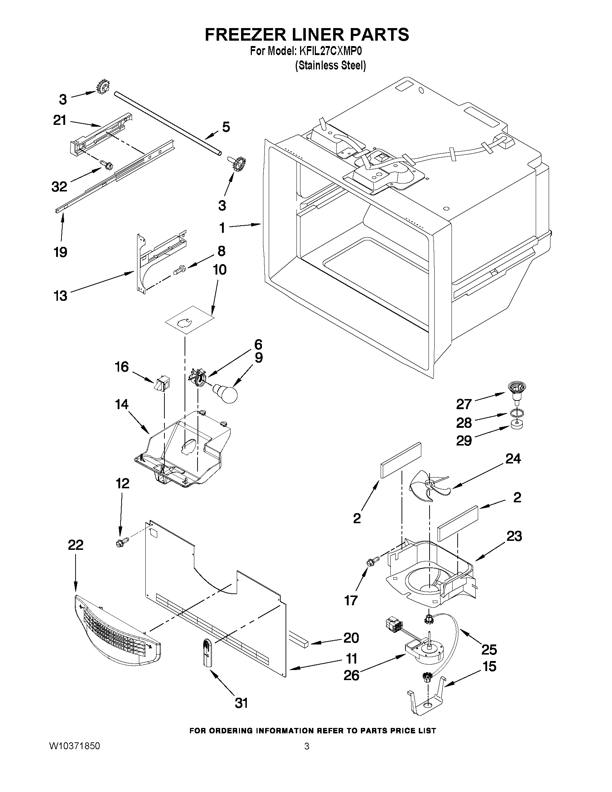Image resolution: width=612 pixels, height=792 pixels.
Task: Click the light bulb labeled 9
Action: coord(226,393)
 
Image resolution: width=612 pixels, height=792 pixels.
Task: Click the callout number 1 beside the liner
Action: coord(222,228)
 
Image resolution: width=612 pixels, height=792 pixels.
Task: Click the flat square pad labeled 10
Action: coord(189,320)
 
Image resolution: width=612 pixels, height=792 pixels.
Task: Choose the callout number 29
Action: coord(464,440)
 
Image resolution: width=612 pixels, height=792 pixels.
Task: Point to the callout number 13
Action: coord(60,295)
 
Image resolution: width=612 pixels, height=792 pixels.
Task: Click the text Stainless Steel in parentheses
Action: coord(330,65)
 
